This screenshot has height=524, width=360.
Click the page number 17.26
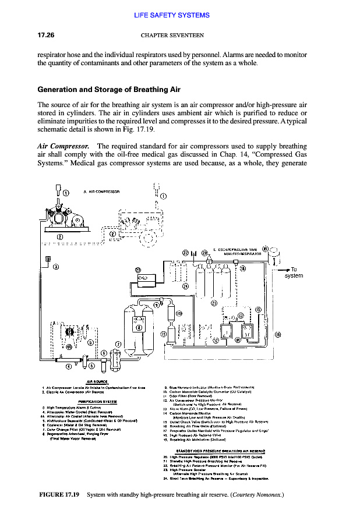[46, 35]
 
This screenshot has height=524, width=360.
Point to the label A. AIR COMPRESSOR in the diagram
[102, 191]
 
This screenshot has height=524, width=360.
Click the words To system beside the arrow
[294, 272]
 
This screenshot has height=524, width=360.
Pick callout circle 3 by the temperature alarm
[55, 267]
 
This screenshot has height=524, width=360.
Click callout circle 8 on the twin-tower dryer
[139, 327]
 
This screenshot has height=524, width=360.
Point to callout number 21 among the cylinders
[214, 303]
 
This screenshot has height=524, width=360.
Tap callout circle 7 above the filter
[119, 345]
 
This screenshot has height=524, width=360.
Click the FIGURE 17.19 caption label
[58, 495]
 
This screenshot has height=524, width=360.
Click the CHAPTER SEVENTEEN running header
[172, 35]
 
